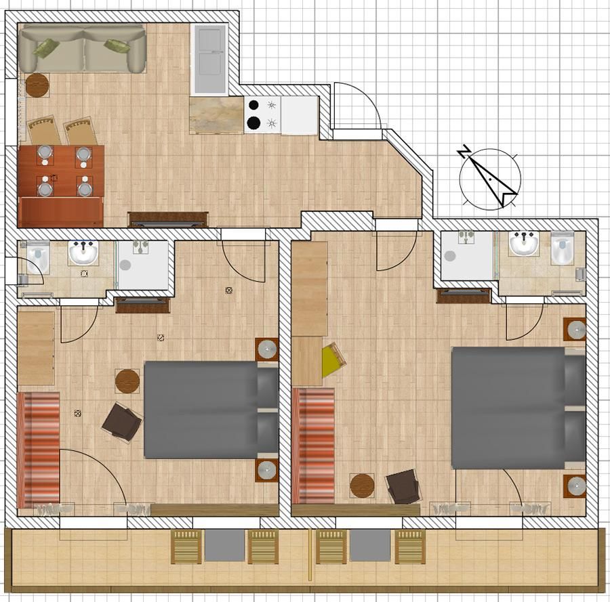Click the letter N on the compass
pyautogui.click(x=464, y=151)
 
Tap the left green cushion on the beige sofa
pyautogui.click(x=46, y=48)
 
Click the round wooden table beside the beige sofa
pyautogui.click(x=37, y=85)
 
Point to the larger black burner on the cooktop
pyautogui.click(x=253, y=123)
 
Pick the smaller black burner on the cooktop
pyautogui.click(x=254, y=105)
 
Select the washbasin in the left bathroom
pyautogui.click(x=83, y=252)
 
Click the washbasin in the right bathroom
pyautogui.click(x=525, y=243)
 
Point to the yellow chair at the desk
pyautogui.click(x=333, y=360)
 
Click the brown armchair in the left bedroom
pyautogui.click(x=121, y=422)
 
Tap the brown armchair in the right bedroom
pyautogui.click(x=404, y=487)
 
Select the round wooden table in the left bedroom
pyautogui.click(x=127, y=381)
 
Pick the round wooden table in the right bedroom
pyautogui.click(x=362, y=486)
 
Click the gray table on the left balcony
pyautogui.click(x=224, y=545)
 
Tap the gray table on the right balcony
pyautogui.click(x=370, y=545)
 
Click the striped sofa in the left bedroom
pyautogui.click(x=39, y=450)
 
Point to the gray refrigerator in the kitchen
pyautogui.click(x=209, y=59)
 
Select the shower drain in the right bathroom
pyautogui.click(x=450, y=256)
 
